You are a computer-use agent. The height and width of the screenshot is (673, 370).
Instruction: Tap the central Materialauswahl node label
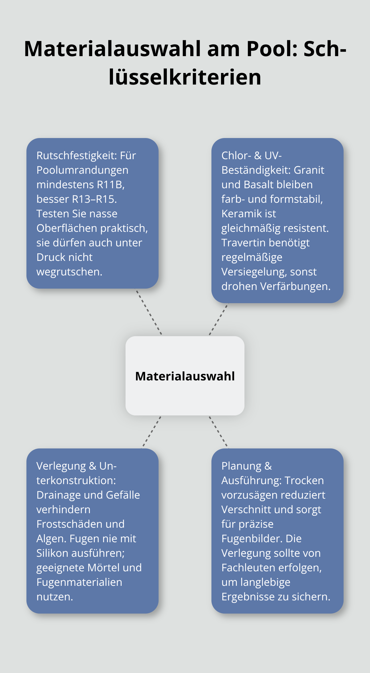coord(185,376)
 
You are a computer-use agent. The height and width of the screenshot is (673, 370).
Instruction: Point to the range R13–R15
coord(94,199)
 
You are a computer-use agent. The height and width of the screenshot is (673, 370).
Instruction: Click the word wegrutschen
coord(69,272)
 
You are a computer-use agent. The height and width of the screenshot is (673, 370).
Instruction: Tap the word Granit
coord(309,170)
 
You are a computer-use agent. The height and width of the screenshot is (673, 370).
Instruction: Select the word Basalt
coord(261,185)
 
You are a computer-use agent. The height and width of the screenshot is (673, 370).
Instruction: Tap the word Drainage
coord(59,495)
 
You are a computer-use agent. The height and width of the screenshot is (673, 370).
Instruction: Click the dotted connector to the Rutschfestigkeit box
coord(149,312)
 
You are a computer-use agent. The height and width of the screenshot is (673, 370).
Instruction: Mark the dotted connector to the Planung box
coord(218,432)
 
